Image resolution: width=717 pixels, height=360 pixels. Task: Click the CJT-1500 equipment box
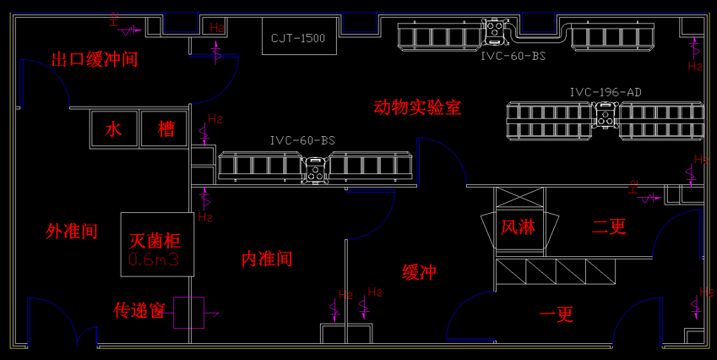pyautogui.click(x=298, y=37)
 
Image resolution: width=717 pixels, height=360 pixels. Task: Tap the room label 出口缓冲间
pyautogui.click(x=94, y=60)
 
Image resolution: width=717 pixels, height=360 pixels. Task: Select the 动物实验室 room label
pyautogui.click(x=417, y=107)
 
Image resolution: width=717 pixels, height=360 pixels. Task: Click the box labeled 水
pyautogui.click(x=114, y=129)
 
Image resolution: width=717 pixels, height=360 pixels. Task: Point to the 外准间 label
pyautogui.click(x=72, y=232)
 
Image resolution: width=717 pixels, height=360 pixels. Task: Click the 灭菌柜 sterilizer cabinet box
pyautogui.click(x=157, y=243)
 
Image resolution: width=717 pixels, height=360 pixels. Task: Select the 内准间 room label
pyautogui.click(x=267, y=259)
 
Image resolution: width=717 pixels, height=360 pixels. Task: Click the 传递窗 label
pyautogui.click(x=139, y=311)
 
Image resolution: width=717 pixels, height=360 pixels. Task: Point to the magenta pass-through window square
pyautogui.click(x=189, y=313)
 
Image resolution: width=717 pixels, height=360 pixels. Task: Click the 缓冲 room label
pyautogui.click(x=419, y=272)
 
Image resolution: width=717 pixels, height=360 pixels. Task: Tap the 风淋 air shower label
pyautogui.click(x=519, y=227)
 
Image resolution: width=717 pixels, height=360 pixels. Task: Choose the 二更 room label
pyautogui.click(x=609, y=226)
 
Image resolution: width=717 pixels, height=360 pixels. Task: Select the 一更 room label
pyautogui.click(x=556, y=314)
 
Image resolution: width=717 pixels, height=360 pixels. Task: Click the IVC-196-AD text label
pyautogui.click(x=606, y=92)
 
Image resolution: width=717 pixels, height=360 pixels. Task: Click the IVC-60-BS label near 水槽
pyautogui.click(x=303, y=140)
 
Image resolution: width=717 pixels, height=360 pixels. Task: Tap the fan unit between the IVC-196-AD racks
pyautogui.click(x=606, y=116)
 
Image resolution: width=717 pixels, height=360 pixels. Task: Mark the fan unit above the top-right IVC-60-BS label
pyautogui.click(x=494, y=31)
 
